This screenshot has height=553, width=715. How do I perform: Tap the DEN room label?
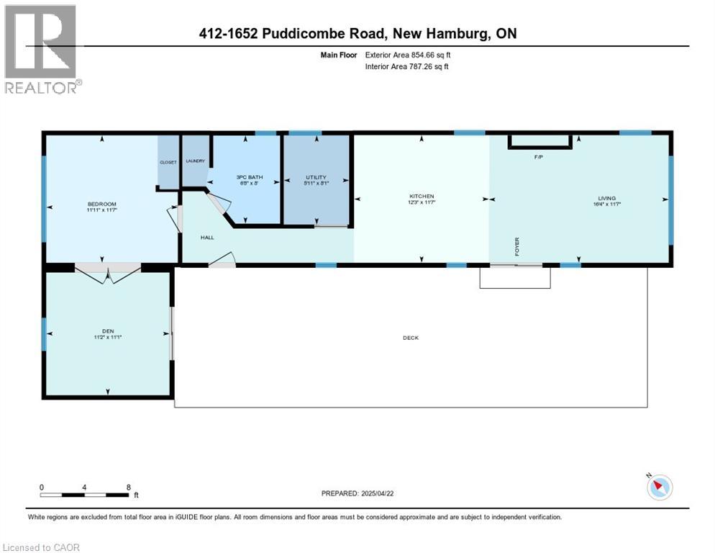pos(107,332)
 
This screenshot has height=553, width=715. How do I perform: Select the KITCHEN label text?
pos(422,196)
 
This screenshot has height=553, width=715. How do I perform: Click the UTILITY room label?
pos(316,177)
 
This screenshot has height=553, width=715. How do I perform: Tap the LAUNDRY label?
pos(195,161)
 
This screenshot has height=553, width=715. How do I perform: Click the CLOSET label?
pos(168,163)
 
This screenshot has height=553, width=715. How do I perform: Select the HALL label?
pos(208,237)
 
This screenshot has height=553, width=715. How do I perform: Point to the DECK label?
pos(411,338)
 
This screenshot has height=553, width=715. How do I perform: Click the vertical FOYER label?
pos(516,246)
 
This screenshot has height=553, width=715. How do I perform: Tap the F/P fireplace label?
pos(537,156)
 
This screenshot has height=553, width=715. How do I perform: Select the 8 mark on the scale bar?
pos(128,487)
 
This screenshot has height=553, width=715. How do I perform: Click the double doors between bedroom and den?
pos(108,271)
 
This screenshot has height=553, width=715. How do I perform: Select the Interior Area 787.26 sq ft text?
pos(406,67)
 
